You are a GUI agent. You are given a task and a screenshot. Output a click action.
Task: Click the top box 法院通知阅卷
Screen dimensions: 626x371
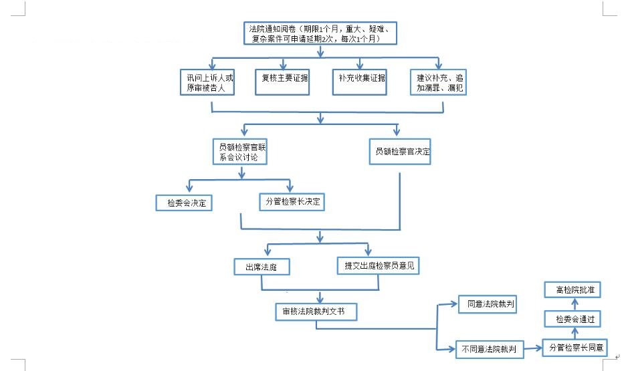click(320, 33)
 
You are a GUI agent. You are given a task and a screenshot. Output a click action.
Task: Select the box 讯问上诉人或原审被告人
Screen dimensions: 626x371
click(207, 82)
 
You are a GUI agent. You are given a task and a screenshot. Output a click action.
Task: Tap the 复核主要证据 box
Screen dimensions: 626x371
click(282, 82)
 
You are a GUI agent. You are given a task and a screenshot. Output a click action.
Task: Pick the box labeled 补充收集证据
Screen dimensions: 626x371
click(360, 82)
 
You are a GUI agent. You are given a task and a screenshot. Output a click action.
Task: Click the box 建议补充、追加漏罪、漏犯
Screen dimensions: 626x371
click(438, 82)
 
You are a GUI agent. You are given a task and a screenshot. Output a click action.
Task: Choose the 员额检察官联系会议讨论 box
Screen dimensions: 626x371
click(240, 152)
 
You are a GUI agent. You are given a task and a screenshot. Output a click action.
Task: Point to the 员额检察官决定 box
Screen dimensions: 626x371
click(400, 152)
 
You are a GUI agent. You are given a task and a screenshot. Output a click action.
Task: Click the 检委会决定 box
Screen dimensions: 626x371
click(184, 203)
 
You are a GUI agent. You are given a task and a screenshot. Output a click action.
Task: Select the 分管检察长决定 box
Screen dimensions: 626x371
click(292, 202)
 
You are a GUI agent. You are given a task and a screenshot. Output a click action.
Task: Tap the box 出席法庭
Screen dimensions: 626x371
click(262, 267)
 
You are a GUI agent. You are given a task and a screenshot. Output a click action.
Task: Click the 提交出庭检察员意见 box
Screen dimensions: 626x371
click(378, 265)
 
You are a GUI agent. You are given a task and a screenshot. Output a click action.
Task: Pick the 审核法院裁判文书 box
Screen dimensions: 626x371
click(316, 312)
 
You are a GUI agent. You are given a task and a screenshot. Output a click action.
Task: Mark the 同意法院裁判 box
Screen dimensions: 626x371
click(488, 304)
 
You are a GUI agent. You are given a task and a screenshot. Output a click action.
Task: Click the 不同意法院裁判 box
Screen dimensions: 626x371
click(490, 349)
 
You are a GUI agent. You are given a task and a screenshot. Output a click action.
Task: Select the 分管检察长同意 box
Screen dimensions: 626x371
click(575, 348)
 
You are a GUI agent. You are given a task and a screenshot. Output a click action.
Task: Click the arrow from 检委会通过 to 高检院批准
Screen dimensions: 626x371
click(575, 304)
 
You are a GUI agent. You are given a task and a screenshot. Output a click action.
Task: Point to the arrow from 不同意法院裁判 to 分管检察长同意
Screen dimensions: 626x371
click(533, 348)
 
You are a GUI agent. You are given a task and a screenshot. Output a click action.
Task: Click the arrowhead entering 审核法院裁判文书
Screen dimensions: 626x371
click(320, 299)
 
